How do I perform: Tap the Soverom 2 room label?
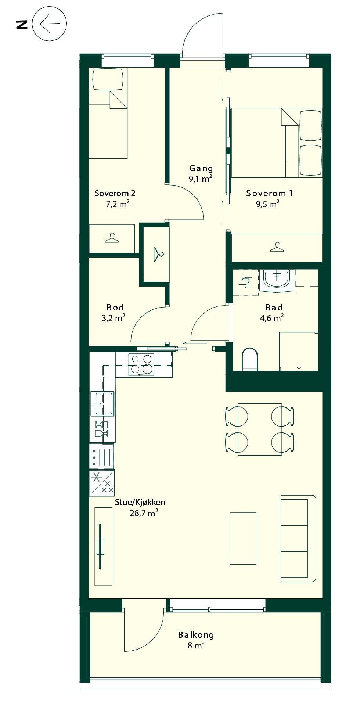pyautogui.click(x=115, y=193)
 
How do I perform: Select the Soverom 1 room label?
pyautogui.click(x=269, y=193)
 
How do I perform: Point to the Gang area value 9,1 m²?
pyautogui.click(x=201, y=179)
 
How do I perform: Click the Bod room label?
pyautogui.click(x=115, y=308)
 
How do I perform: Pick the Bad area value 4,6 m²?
pyautogui.click(x=272, y=318)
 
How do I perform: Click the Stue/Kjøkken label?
pyautogui.click(x=140, y=502)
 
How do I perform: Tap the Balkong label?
pyautogui.click(x=196, y=635)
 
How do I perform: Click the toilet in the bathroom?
pyautogui.click(x=250, y=359)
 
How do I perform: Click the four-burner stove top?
pyautogui.click(x=141, y=364)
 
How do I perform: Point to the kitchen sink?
pyautogui.click(x=102, y=403)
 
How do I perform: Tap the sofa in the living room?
pyautogui.click(x=298, y=539)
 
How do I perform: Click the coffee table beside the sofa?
pyautogui.click(x=243, y=539)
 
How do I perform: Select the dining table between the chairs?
pyautogui.click(x=260, y=429)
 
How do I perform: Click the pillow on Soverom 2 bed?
pyautogui.click(x=108, y=79)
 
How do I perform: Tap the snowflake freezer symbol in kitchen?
pyautogui.click(x=97, y=477)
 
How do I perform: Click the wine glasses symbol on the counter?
pyautogui.click(x=102, y=429)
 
